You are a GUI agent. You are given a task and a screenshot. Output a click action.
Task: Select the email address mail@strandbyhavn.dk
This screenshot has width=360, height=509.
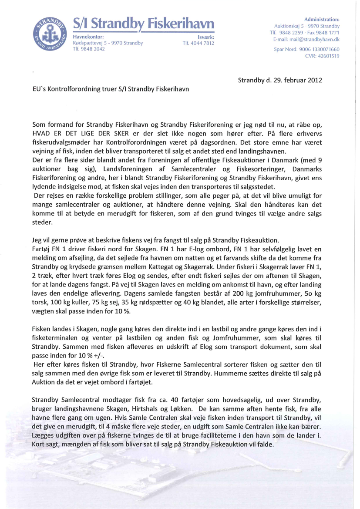tap(317, 39)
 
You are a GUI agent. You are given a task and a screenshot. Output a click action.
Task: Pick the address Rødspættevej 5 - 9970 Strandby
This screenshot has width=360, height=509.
tap(108, 43)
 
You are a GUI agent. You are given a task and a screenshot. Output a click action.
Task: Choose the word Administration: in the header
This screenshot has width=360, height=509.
tap(322, 20)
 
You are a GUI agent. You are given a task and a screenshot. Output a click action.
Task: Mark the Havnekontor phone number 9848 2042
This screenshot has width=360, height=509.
tap(92, 49)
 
